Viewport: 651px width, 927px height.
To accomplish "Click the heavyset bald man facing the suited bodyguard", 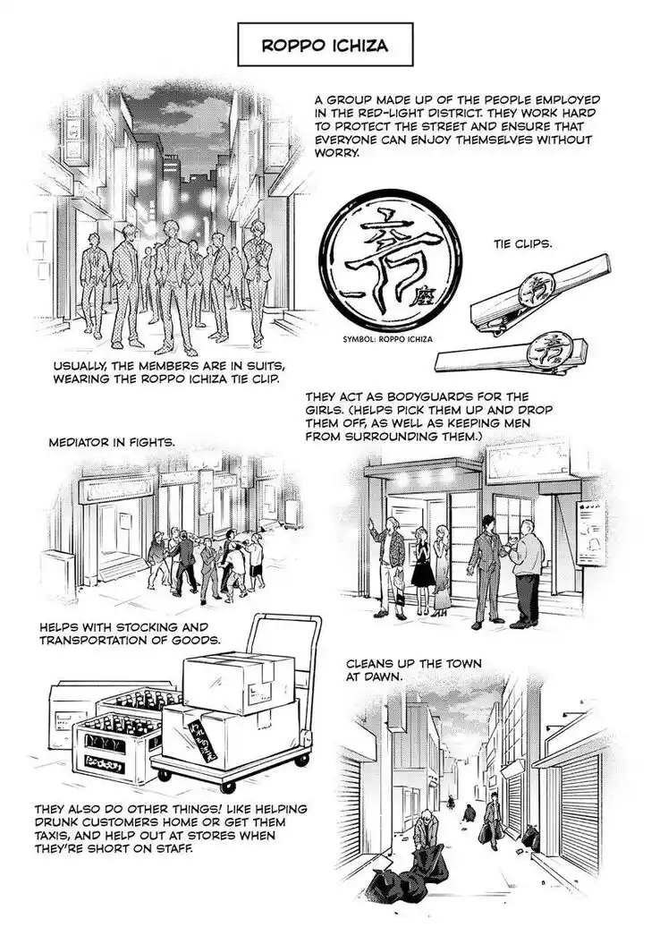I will [526, 569].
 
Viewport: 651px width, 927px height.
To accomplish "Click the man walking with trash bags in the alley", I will [492, 824].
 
